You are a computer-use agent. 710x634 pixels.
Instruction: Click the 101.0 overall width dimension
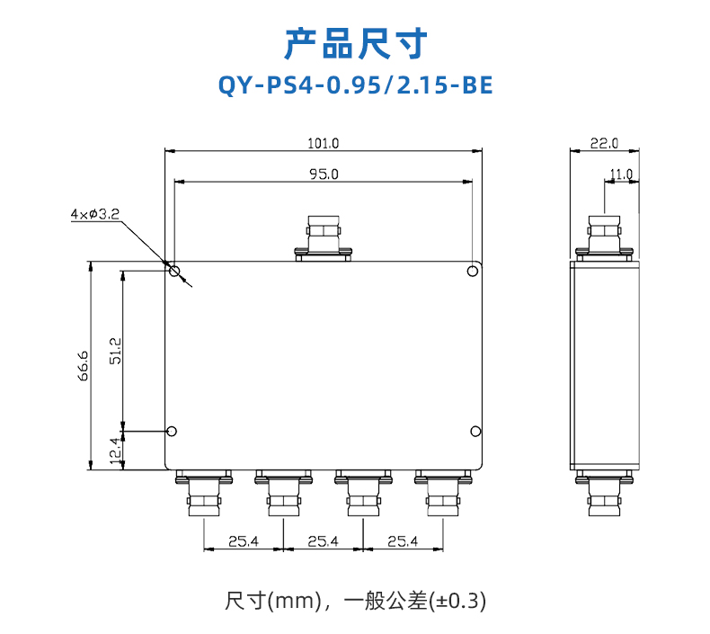click(324, 143)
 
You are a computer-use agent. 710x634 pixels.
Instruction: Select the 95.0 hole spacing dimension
click(324, 174)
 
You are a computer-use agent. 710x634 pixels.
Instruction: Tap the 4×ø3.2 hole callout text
click(95, 214)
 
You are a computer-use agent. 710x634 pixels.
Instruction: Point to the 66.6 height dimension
click(83, 366)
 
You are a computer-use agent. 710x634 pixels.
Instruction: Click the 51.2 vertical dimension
click(115, 351)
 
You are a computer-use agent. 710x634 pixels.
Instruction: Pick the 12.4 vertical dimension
click(116, 451)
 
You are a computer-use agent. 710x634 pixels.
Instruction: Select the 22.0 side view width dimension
click(604, 143)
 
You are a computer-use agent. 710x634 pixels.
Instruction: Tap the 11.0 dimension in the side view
click(621, 174)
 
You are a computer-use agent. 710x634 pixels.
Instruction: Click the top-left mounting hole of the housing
click(174, 271)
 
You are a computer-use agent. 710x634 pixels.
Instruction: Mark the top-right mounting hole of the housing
click(472, 271)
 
